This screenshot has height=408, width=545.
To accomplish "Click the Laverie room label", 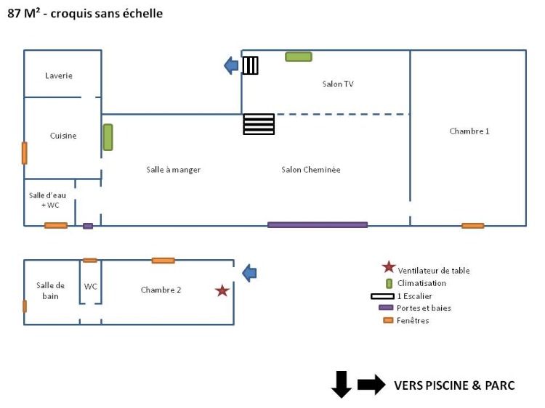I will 59,76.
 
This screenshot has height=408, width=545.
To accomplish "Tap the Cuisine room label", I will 63,136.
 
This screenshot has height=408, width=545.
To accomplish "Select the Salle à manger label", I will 173,170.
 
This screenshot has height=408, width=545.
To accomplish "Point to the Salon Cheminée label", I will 311,170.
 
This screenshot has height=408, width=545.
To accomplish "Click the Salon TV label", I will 338,84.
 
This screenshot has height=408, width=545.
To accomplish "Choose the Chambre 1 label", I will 469,131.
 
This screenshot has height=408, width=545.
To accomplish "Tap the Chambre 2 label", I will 161,290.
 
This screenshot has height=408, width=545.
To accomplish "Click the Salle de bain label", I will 51,290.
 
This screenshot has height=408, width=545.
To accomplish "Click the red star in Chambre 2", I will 222,290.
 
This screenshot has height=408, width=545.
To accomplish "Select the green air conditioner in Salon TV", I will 299,57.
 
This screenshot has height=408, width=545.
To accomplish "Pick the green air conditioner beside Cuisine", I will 108,137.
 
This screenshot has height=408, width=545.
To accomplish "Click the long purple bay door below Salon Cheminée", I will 318,225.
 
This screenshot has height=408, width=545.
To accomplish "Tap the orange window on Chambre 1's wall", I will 472,226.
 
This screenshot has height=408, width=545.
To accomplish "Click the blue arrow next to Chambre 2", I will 249,273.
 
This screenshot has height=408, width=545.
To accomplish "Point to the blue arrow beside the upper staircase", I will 231,65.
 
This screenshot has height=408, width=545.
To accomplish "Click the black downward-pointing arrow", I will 342,384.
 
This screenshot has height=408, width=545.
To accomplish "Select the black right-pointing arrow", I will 371,385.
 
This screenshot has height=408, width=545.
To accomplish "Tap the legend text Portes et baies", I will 424,309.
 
